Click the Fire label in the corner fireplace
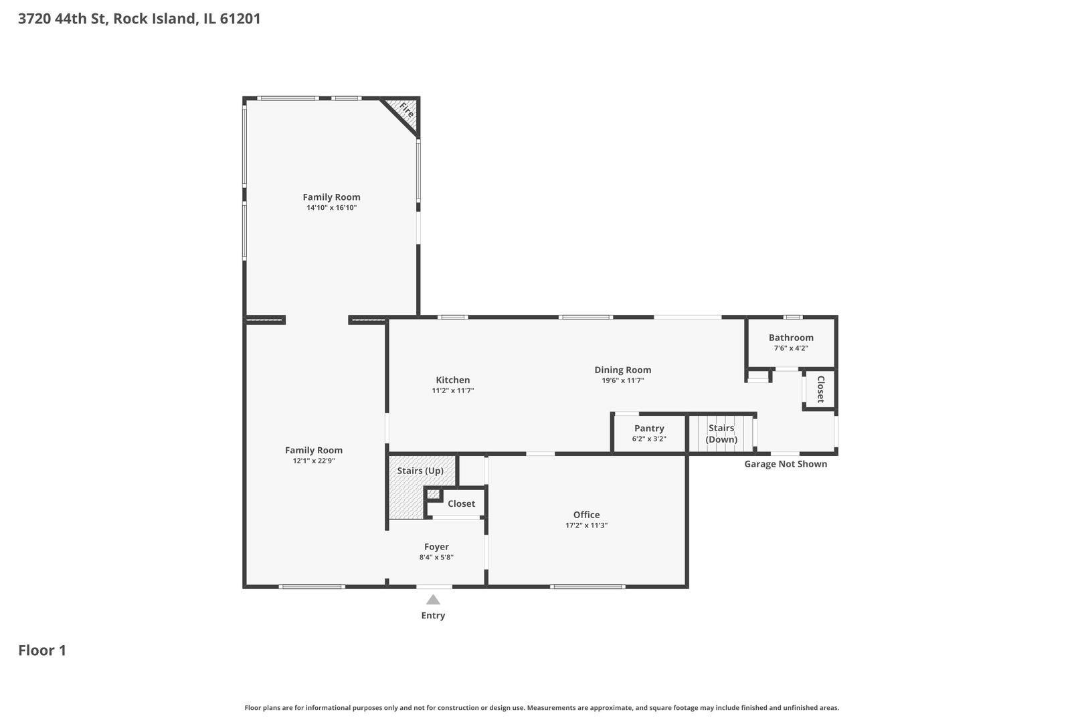coord(405,110)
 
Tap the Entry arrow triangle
coord(433,600)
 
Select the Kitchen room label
coord(453,380)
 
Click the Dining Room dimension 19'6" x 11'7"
coord(622,380)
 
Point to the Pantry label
coord(649,429)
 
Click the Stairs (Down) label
coord(721,433)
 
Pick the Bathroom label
coord(791,338)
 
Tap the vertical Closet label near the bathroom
coord(820,389)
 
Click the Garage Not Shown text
coord(786,464)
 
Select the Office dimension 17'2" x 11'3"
coord(586,525)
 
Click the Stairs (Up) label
coord(420,471)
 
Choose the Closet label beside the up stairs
coord(461,503)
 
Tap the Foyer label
coord(436,547)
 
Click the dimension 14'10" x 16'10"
coord(331,208)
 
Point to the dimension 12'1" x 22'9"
coord(314,461)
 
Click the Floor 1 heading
coord(42,650)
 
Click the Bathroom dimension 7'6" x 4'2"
coord(791,348)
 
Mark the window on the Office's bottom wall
coord(588,587)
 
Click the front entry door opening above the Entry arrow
coord(434,587)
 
